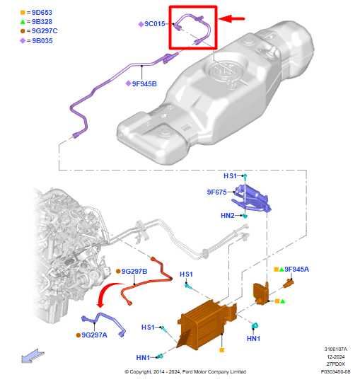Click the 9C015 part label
click(155, 24)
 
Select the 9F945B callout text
click(144, 83)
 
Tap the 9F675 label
click(217, 192)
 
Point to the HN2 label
click(228, 215)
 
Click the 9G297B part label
click(134, 271)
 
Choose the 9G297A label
click(94, 335)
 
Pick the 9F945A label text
click(296, 269)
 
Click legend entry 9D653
click(36, 12)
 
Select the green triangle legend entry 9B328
click(36, 22)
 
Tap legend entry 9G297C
click(39, 31)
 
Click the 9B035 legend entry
click(36, 41)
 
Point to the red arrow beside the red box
click(232, 18)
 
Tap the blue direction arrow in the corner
click(33, 356)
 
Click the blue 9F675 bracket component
click(252, 198)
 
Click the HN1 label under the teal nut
click(253, 338)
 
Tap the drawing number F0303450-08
click(336, 371)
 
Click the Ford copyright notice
click(185, 372)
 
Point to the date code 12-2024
click(336, 357)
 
